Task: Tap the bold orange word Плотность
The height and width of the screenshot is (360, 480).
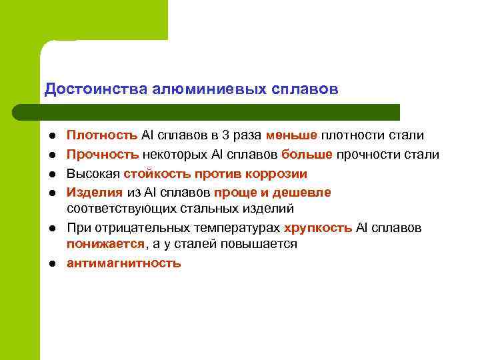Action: pos(102,136)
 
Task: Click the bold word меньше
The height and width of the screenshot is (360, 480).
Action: pos(291,136)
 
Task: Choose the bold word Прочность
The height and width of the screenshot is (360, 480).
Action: pos(103,155)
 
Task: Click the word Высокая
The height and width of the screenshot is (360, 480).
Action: pos(93,174)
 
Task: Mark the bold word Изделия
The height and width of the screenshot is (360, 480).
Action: pos(95,193)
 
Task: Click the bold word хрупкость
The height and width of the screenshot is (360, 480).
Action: pos(318,228)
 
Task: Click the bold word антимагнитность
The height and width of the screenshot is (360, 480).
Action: pos(123,263)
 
